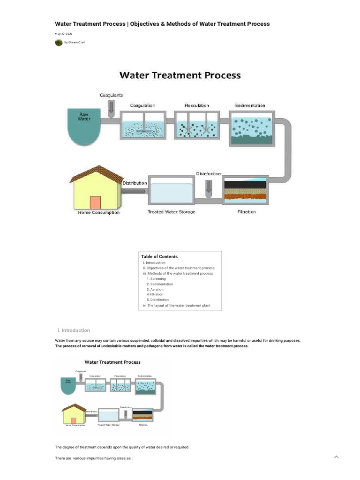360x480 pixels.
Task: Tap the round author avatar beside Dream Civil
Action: [x=59, y=43]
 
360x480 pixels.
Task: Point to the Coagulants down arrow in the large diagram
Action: [x=111, y=108]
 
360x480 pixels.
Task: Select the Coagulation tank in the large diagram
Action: [x=143, y=126]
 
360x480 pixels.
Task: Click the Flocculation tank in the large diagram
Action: [x=197, y=126]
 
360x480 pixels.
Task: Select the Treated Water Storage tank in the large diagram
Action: [x=172, y=192]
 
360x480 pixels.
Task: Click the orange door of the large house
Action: [x=95, y=202]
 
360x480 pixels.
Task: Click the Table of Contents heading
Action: [x=159, y=256]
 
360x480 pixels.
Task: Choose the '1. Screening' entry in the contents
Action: [x=156, y=279]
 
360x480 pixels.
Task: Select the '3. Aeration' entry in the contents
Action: [x=155, y=289]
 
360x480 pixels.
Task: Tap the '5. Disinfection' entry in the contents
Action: [x=157, y=300]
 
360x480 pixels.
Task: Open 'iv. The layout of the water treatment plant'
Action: [x=177, y=305]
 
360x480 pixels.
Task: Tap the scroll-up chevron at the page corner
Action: [x=336, y=457]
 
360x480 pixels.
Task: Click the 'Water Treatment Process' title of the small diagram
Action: [x=112, y=362]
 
